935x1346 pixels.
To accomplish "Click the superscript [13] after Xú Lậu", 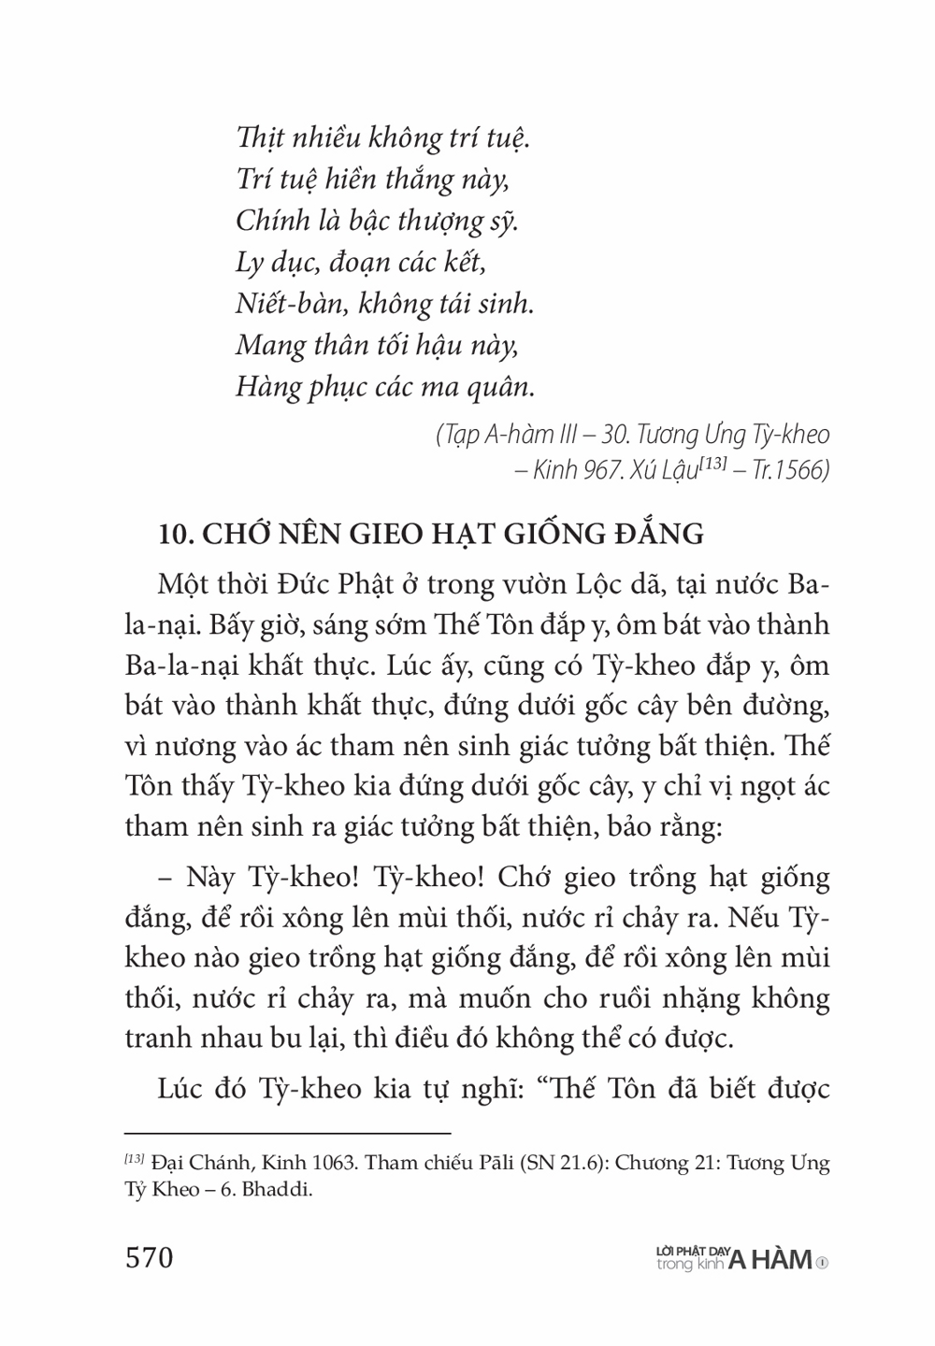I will tap(713, 464).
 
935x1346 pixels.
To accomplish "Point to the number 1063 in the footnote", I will tap(305, 1164).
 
